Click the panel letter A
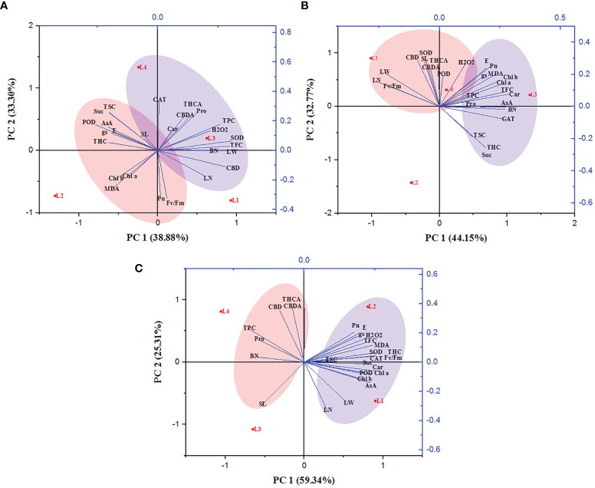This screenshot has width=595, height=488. [x=6, y=5]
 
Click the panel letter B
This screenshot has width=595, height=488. [x=306, y=5]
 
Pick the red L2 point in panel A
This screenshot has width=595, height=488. [x=54, y=196]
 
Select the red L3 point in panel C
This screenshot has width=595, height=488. [x=253, y=430]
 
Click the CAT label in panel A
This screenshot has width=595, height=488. [x=159, y=100]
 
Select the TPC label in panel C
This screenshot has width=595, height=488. [x=249, y=328]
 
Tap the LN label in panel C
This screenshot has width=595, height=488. [x=327, y=411]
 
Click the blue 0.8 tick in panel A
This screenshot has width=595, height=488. [x=284, y=32]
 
